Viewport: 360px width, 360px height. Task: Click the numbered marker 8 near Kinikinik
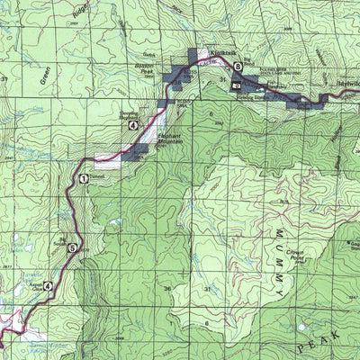(x=238, y=76)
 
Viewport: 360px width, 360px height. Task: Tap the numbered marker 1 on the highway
(x=84, y=179)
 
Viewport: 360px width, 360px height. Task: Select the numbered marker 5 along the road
(x=72, y=248)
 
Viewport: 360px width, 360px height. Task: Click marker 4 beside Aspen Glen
(x=48, y=285)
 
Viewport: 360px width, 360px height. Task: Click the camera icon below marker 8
(x=236, y=86)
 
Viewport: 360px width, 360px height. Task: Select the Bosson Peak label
(x=145, y=67)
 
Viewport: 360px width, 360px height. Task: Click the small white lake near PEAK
(x=301, y=327)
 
